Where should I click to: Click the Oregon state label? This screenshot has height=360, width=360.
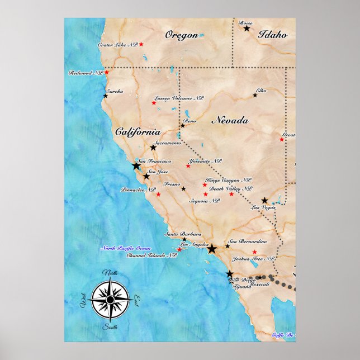[181, 35]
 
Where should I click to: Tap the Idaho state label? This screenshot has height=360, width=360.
[272, 35]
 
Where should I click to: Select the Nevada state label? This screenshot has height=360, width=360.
[229, 120]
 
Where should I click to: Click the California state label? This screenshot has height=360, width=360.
[138, 132]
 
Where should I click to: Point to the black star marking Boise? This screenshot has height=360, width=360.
[246, 28]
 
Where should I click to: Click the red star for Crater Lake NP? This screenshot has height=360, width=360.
[141, 44]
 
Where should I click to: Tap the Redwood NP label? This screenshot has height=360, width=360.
[86, 73]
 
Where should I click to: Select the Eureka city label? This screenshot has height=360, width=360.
[115, 91]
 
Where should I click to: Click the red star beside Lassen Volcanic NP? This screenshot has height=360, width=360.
[154, 102]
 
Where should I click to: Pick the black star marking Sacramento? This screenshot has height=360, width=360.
[153, 147]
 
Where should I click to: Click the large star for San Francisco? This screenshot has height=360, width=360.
[136, 166]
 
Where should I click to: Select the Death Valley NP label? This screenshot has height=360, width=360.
[230, 188]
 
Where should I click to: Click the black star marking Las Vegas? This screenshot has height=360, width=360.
[264, 200]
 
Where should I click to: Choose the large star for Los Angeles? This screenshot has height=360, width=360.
[212, 249]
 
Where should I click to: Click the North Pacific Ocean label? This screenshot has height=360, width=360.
[125, 248]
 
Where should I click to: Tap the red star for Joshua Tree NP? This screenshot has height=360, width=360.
[254, 252]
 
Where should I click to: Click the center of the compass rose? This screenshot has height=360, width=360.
[110, 300]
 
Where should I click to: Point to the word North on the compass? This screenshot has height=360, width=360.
[110, 273]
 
